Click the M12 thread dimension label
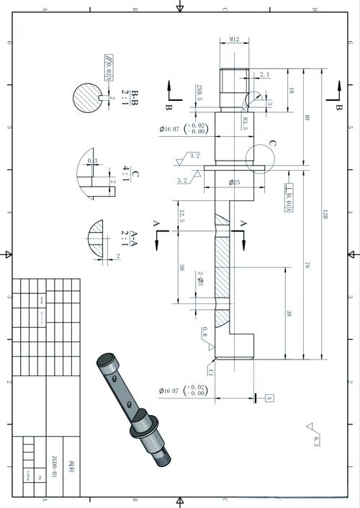234,40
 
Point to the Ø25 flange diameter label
235,182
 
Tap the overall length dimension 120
325,214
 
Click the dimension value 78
307,266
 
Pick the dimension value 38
289,313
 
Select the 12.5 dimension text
182,215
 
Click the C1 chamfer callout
211,372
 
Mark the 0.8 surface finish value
204,334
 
